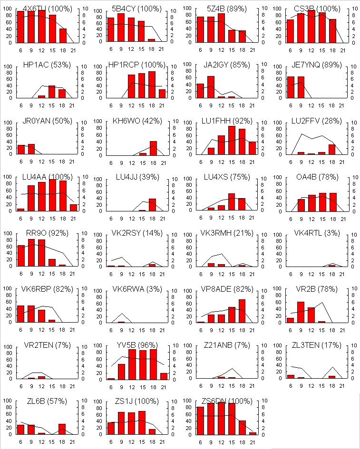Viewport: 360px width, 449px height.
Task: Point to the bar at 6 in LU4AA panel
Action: [20, 209]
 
